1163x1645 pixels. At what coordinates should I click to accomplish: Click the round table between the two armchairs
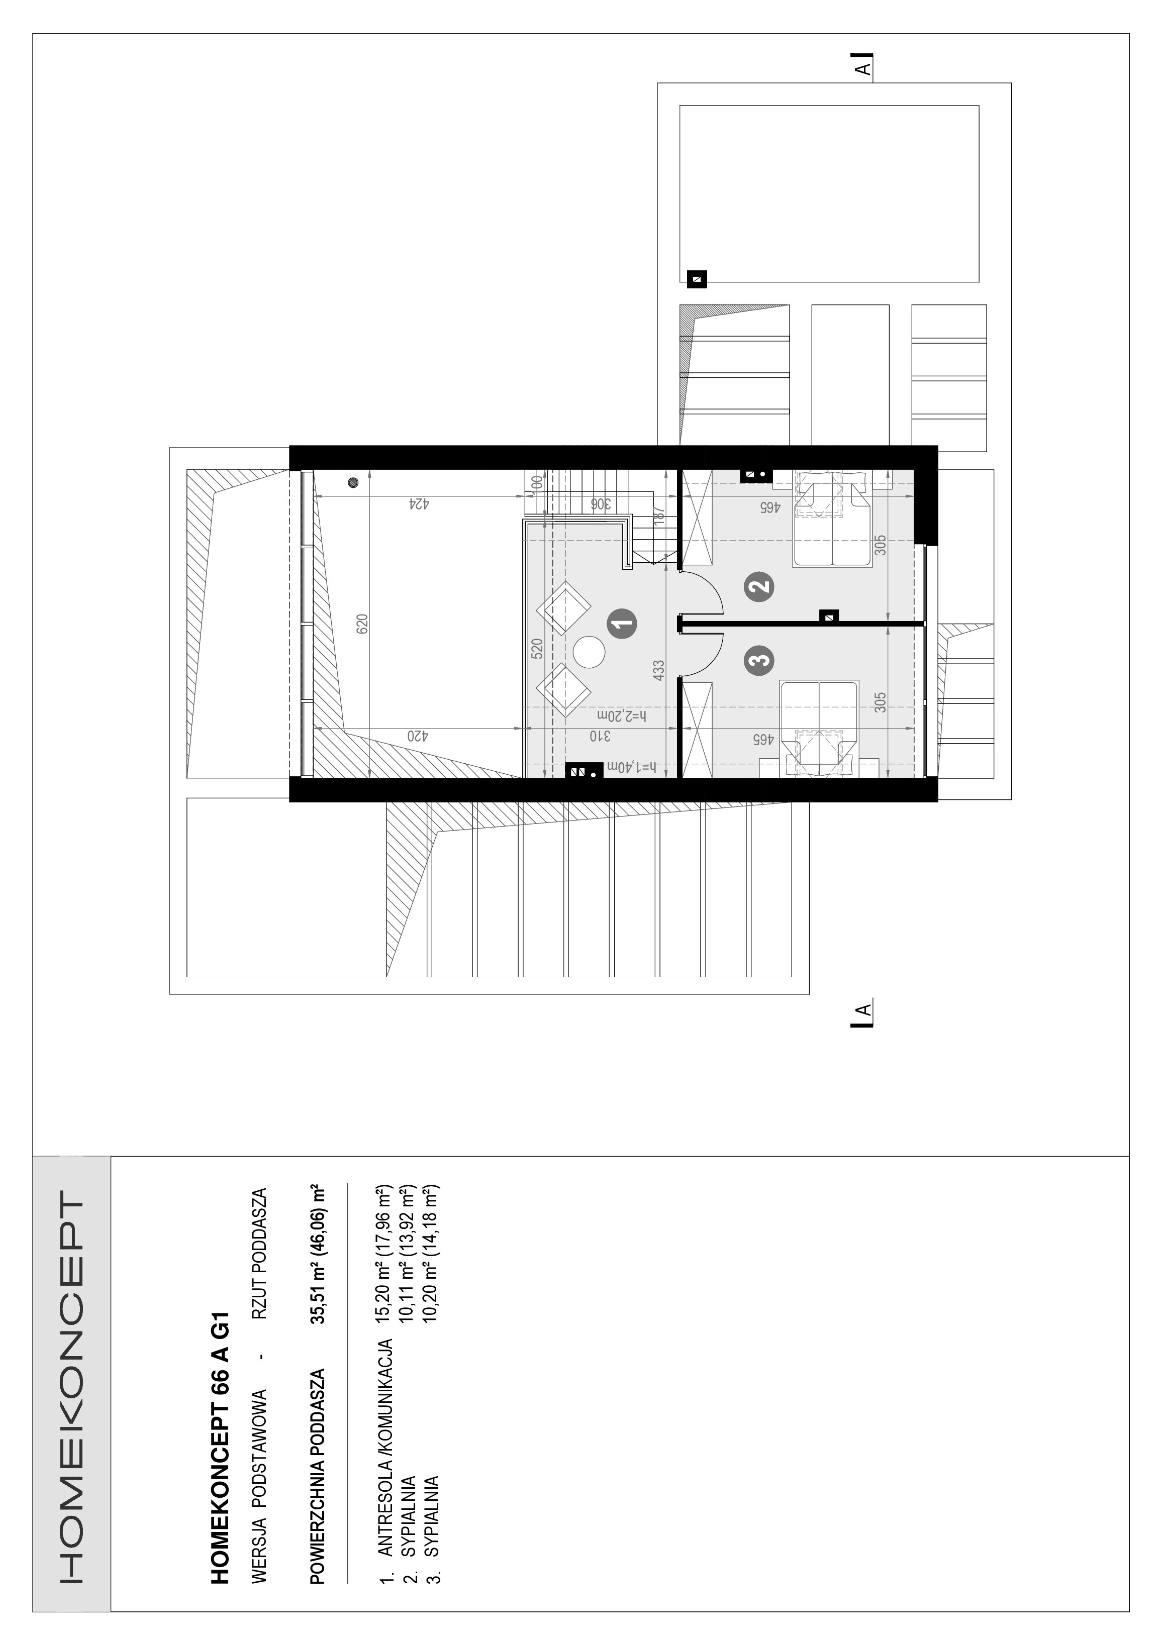pyautogui.click(x=589, y=652)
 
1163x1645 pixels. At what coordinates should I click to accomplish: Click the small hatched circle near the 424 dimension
pyautogui.click(x=352, y=483)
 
